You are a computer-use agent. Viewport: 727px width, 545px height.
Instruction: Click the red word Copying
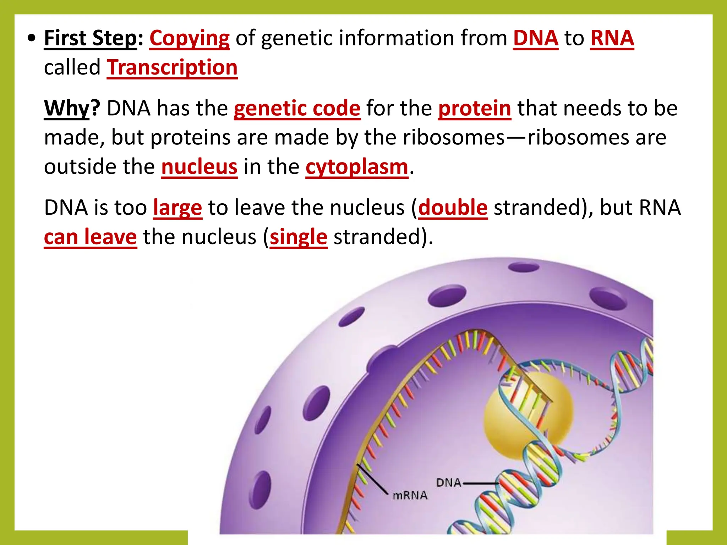click(x=190, y=38)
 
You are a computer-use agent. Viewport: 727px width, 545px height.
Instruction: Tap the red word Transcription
click(x=172, y=67)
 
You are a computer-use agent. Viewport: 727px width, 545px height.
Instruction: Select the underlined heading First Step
click(x=90, y=38)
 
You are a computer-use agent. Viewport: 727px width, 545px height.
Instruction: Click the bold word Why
click(x=67, y=108)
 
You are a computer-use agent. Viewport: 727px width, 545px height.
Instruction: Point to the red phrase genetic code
click(x=297, y=108)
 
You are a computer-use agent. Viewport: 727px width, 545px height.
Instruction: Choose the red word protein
click(x=475, y=108)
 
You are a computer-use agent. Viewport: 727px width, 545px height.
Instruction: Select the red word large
click(x=177, y=208)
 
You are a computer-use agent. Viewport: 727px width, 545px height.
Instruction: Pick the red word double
click(x=453, y=208)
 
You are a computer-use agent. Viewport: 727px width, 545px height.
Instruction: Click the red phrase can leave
click(x=90, y=237)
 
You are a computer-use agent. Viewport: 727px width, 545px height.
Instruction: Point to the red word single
click(x=299, y=237)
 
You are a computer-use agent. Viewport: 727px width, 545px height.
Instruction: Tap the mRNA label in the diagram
click(x=410, y=495)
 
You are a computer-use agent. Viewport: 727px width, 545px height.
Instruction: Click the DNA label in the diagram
click(x=449, y=483)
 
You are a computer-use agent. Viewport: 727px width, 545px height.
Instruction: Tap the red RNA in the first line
click(x=612, y=38)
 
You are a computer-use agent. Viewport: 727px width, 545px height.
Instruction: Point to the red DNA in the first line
click(x=536, y=38)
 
